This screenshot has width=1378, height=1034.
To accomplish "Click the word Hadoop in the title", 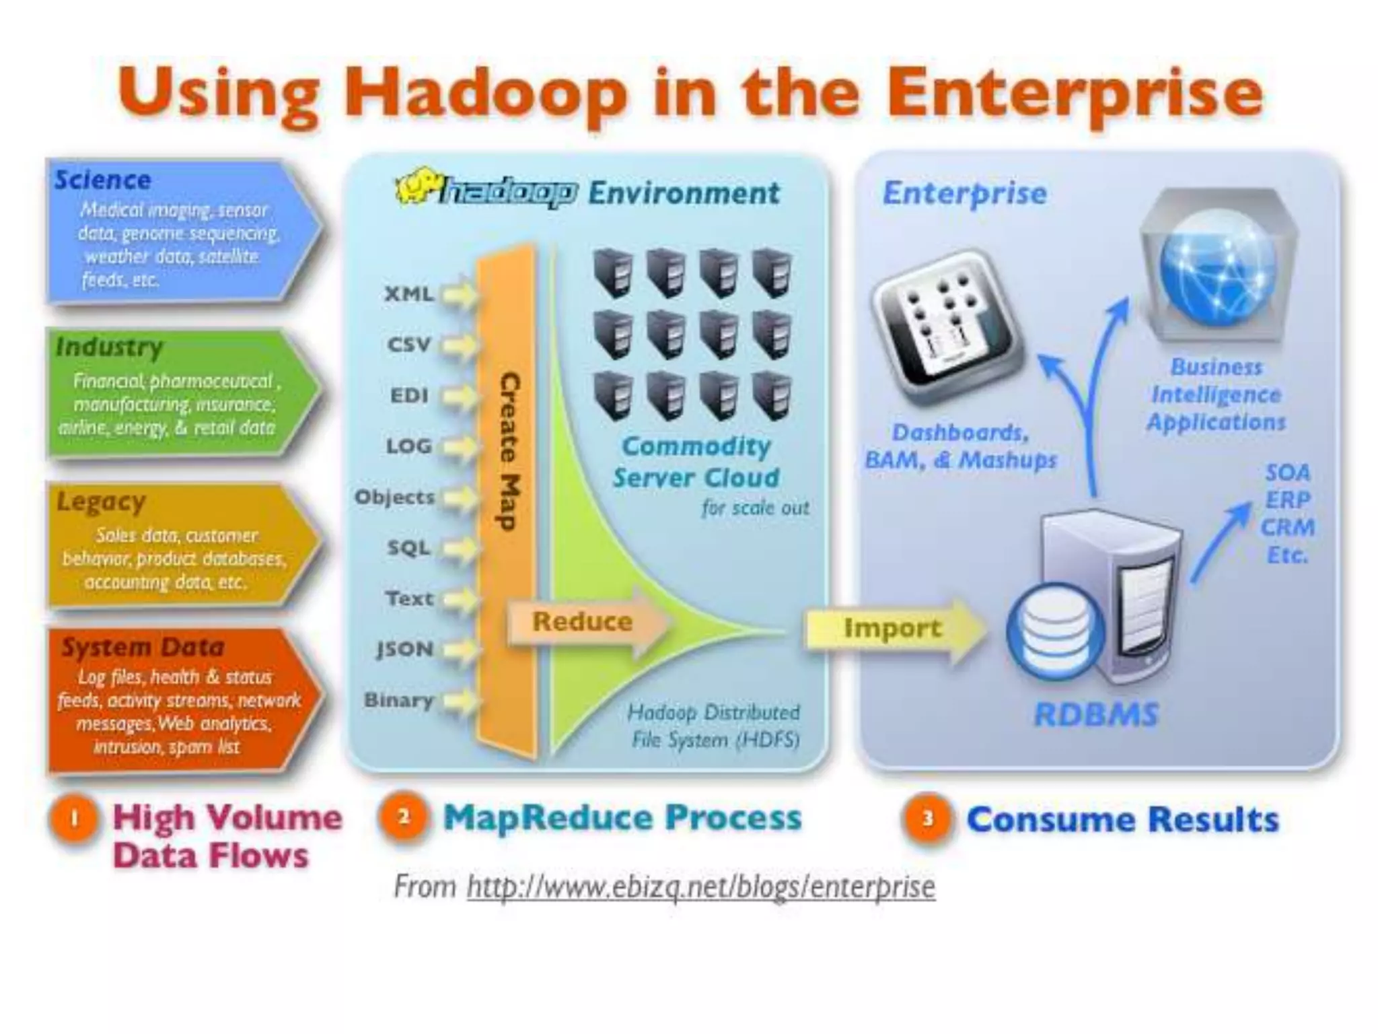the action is point(484,94).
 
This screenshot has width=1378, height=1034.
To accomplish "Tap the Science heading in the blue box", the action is point(103,180).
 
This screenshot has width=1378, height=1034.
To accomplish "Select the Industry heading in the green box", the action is point(110,347).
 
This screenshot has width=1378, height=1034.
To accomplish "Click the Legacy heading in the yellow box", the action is point(101,502).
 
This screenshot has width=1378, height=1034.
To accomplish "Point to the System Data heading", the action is point(143,648).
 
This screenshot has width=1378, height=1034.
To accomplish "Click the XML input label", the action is point(408,294).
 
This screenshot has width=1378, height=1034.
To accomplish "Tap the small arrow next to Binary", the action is point(460,701).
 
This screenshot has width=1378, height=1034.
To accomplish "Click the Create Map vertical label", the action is point(509,451).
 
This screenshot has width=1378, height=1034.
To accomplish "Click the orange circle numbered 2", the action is point(404,817).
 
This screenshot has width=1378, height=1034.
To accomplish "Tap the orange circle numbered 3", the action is point(928,819).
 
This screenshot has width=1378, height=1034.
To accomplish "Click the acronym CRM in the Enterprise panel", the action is point(1287,528).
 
